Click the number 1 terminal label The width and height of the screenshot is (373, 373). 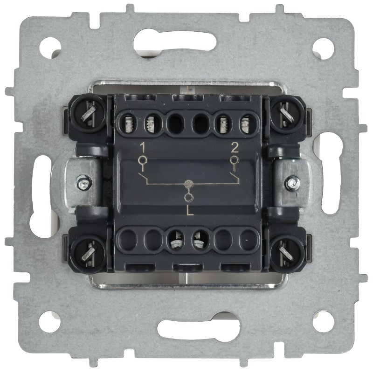click(143, 147)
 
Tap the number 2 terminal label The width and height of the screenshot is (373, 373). click(235, 148)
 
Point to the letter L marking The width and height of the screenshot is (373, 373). click(190, 211)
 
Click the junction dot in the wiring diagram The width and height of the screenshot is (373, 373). click(189, 184)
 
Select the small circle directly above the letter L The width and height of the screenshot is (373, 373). click(189, 197)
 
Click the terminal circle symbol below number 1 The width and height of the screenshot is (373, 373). click(143, 160)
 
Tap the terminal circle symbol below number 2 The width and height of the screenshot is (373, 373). click(234, 160)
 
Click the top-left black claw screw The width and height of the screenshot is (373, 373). click(87, 113)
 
